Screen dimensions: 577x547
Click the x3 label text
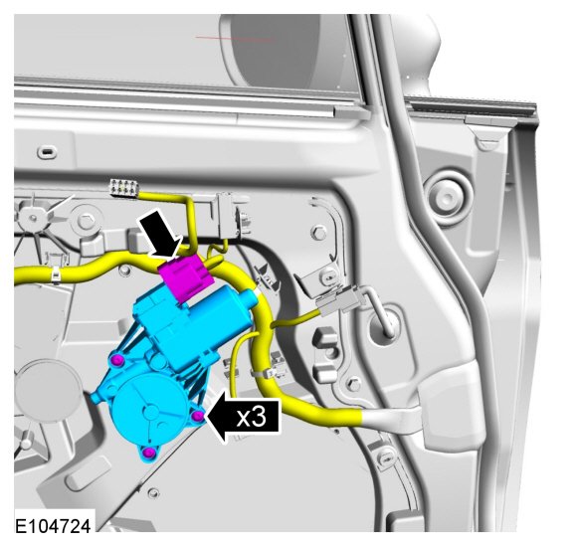click(251, 418)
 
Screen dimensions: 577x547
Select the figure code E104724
click(53, 526)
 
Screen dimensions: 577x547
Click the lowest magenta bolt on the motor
click(148, 453)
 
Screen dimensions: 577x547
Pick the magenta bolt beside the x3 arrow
click(198, 416)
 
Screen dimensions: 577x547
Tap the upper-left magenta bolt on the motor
click(117, 360)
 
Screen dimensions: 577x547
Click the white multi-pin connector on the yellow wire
click(123, 187)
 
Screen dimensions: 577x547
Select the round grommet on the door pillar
click(447, 197)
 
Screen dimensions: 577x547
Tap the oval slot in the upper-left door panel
click(47, 151)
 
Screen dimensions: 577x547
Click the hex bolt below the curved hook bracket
click(319, 233)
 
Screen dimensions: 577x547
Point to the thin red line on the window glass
click(235, 38)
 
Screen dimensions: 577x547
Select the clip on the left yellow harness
click(55, 275)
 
